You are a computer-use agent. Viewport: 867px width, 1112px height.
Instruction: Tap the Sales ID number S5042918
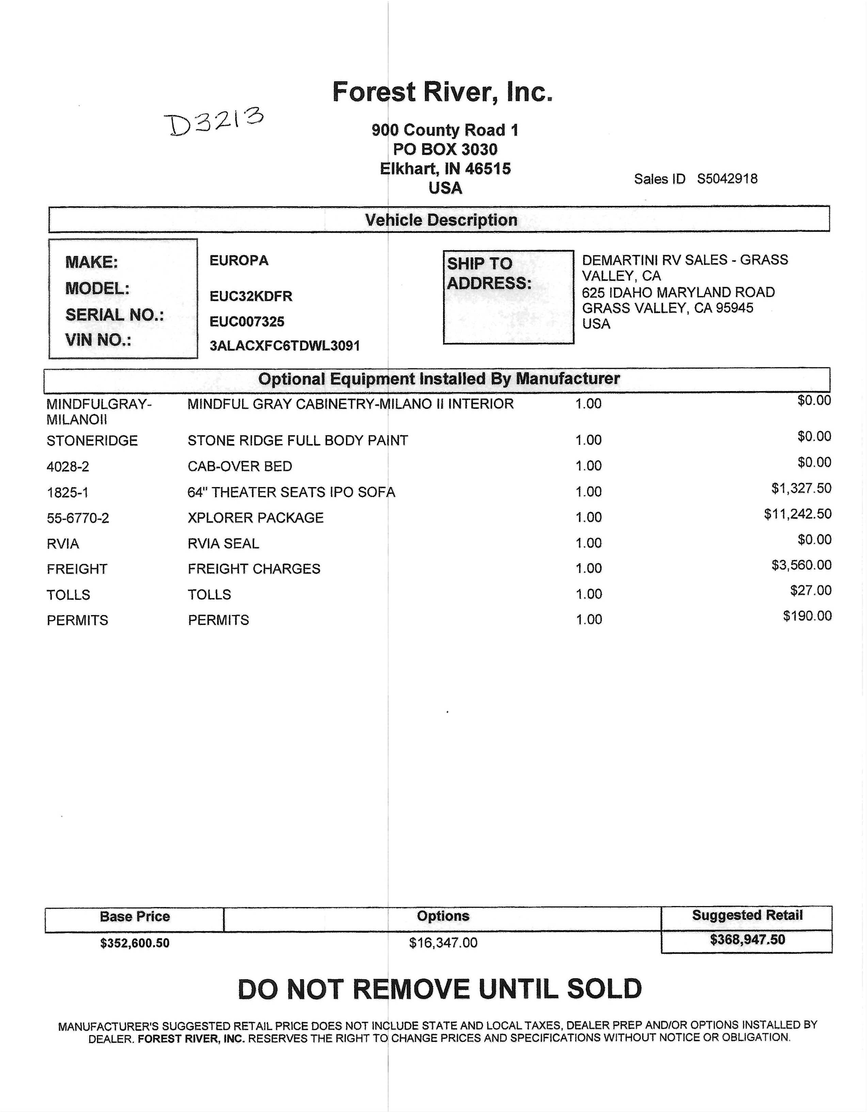[x=727, y=179]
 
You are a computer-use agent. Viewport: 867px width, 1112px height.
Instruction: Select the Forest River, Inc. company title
[x=442, y=92]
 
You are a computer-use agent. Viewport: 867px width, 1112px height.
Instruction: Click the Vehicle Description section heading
[x=441, y=220]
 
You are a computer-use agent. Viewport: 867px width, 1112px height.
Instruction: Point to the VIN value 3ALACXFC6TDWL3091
[x=285, y=346]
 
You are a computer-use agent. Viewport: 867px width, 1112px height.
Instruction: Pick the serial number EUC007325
[x=247, y=322]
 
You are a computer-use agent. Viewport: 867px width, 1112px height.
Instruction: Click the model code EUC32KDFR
[x=251, y=296]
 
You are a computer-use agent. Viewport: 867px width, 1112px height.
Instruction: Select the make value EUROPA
[x=239, y=261]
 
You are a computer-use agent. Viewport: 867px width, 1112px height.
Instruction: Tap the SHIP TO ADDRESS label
[x=489, y=273]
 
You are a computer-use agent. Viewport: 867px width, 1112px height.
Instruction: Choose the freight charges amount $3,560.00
[x=801, y=565]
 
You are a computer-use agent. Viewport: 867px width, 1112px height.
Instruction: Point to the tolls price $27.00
[x=811, y=591]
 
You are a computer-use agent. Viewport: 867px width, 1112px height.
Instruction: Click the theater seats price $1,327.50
[x=801, y=489]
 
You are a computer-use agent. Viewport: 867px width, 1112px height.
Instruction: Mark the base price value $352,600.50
[x=135, y=943]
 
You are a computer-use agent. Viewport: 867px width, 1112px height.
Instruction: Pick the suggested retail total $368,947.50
[x=747, y=940]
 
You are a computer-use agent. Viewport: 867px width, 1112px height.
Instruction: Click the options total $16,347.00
[x=443, y=943]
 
